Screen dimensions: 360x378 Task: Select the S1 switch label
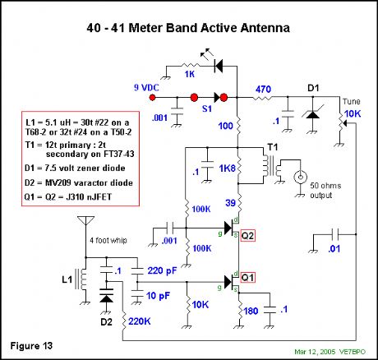[x=197, y=107]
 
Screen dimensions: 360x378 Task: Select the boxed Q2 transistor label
[x=249, y=234]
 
